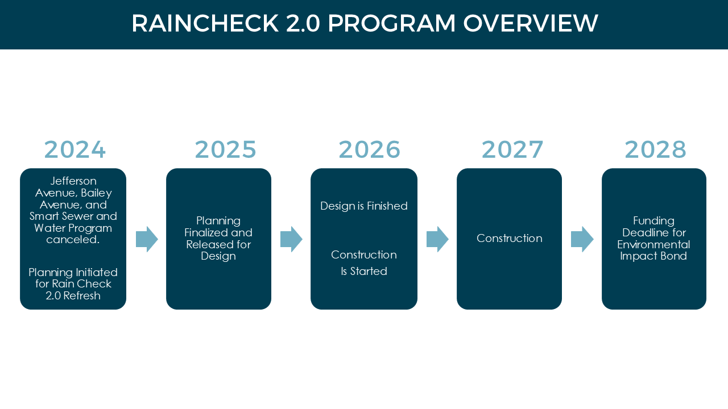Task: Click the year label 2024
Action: point(75,149)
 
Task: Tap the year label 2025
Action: point(226,149)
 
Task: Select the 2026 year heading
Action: point(370,149)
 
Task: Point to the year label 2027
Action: point(512,149)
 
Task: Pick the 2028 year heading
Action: point(655,149)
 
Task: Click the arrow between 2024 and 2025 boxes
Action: point(147,239)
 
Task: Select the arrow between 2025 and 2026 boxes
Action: point(292,239)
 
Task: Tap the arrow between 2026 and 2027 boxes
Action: point(437,239)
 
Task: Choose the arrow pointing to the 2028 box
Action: point(582,239)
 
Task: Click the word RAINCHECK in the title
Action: point(205,23)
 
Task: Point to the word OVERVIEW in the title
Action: point(531,23)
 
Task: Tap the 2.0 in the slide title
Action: point(303,23)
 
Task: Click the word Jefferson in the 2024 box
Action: point(73,181)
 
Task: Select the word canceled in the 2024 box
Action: point(72,240)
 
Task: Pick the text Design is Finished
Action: point(363,206)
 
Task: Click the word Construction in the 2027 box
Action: point(509,239)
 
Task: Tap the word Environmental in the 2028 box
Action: point(653,244)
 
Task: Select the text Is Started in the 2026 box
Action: point(364,272)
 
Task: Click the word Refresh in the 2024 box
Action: point(82,296)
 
